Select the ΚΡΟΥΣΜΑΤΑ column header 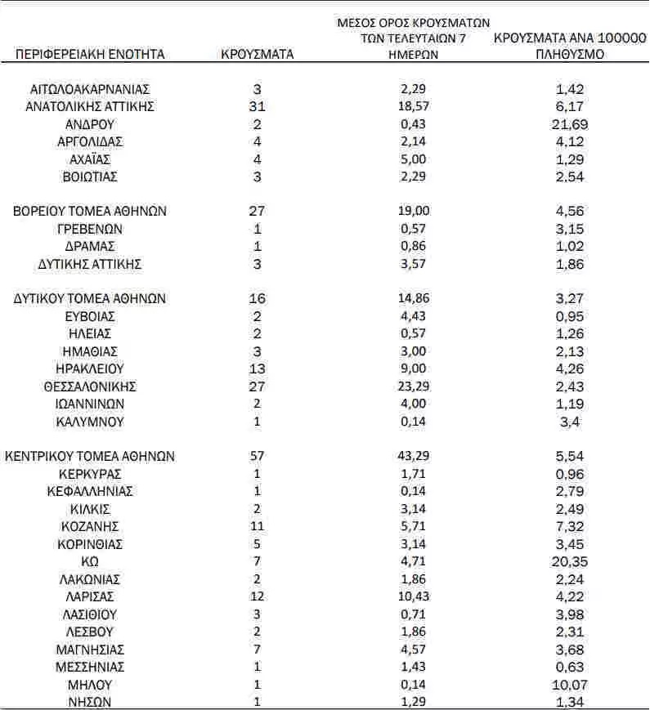(258, 55)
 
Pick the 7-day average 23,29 (412, 386)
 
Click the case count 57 (257, 456)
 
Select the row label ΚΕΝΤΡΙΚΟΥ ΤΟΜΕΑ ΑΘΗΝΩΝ (90, 456)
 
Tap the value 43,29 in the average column (412, 456)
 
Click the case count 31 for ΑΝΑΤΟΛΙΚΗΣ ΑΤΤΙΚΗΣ (257, 106)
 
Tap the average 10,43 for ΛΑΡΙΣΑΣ (412, 596)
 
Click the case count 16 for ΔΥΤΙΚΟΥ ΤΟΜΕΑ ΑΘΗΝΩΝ (257, 299)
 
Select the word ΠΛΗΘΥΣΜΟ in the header (569, 55)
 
